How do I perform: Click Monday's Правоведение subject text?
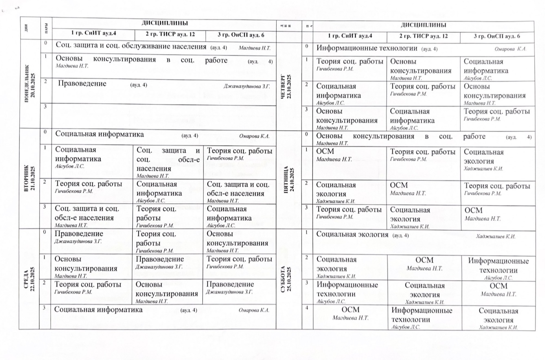pyautogui.click(x=82, y=84)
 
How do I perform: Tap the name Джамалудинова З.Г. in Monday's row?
pyautogui.click(x=247, y=86)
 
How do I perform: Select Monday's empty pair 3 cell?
pyautogui.click(x=163, y=117)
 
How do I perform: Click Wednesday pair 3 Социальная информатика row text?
pyautogui.click(x=98, y=310)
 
